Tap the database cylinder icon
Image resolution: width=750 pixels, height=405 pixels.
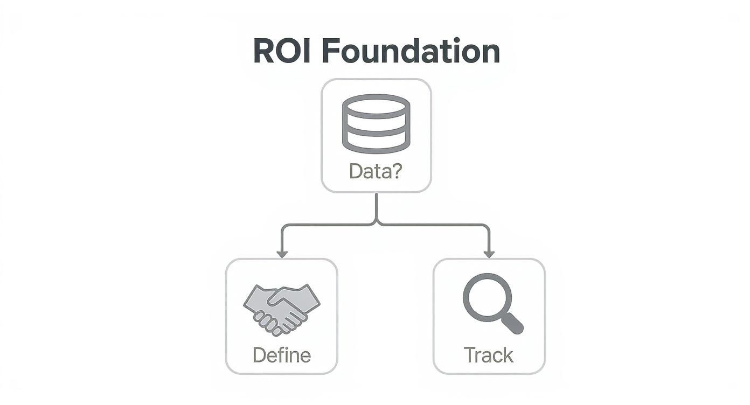(x=376, y=123)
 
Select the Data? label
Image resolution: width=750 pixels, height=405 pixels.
(x=376, y=171)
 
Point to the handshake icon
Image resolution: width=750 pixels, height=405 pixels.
(x=281, y=309)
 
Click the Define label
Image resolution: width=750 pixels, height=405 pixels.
(x=281, y=355)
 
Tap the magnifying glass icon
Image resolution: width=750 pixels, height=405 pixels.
(x=491, y=303)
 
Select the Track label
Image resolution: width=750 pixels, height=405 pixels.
(x=489, y=355)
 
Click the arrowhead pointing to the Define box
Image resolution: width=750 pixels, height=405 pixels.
(x=281, y=253)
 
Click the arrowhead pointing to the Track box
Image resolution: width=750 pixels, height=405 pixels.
(x=489, y=253)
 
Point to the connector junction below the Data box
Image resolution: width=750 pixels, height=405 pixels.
(x=376, y=223)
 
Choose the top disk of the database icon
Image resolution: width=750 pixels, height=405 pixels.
(x=376, y=105)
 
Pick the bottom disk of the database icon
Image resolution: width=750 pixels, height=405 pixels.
(x=376, y=142)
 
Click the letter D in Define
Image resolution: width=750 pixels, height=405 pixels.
(x=259, y=355)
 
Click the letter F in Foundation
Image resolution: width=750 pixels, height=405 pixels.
(x=331, y=52)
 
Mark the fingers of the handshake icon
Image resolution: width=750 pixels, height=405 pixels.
(x=269, y=322)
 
